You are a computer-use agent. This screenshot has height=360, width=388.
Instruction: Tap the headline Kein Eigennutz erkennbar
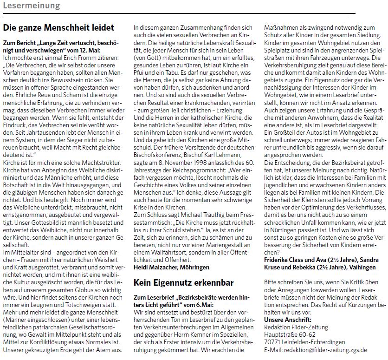coord(183,282)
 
